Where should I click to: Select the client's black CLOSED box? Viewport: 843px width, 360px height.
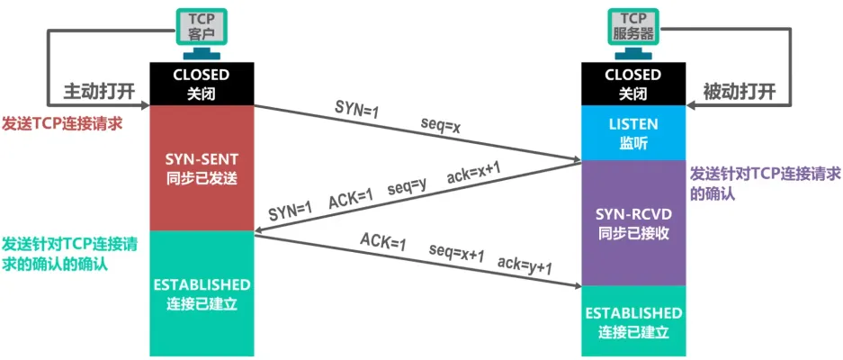[202, 84]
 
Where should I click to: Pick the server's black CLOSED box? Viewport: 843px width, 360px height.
[633, 84]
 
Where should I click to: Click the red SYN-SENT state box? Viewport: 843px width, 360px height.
[202, 167]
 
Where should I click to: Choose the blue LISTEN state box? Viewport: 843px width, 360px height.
[633, 132]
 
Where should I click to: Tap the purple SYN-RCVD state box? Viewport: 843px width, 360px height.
[633, 223]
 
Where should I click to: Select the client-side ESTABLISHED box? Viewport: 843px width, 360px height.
[202, 293]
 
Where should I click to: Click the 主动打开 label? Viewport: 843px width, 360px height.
[93, 92]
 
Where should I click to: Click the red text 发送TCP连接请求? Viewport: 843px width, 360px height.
[62, 122]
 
